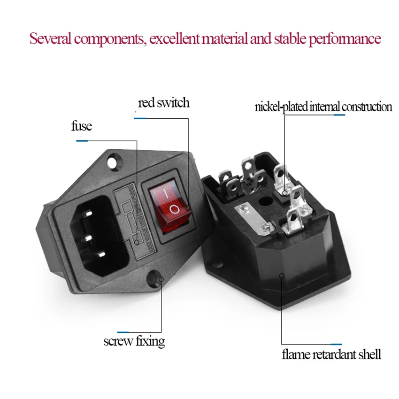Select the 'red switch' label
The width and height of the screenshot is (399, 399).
(x=164, y=103)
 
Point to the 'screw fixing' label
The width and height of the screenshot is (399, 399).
(x=134, y=340)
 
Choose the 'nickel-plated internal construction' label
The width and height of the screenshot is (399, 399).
(x=323, y=107)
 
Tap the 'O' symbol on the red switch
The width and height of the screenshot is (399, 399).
(x=174, y=209)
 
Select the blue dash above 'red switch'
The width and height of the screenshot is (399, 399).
(x=140, y=118)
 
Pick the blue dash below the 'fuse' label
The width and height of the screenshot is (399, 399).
(x=84, y=140)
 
